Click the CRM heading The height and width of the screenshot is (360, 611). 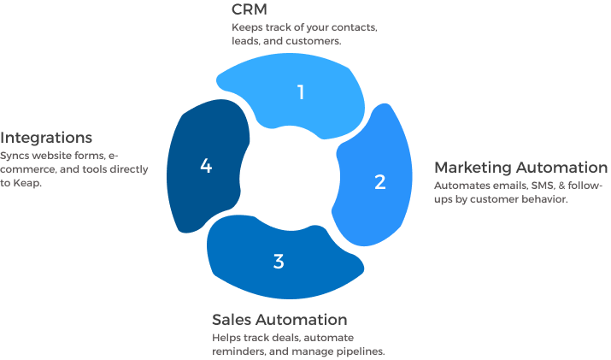(249, 9)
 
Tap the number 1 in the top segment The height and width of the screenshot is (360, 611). (301, 91)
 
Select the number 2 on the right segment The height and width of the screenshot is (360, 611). (380, 182)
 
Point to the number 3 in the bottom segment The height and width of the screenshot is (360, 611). (279, 262)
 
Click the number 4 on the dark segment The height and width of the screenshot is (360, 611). (205, 166)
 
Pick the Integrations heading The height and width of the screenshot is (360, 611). (46, 138)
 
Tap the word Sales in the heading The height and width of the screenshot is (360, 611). (232, 320)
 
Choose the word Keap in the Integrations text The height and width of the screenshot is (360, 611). (27, 183)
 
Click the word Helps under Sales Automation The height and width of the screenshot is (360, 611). (226, 338)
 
